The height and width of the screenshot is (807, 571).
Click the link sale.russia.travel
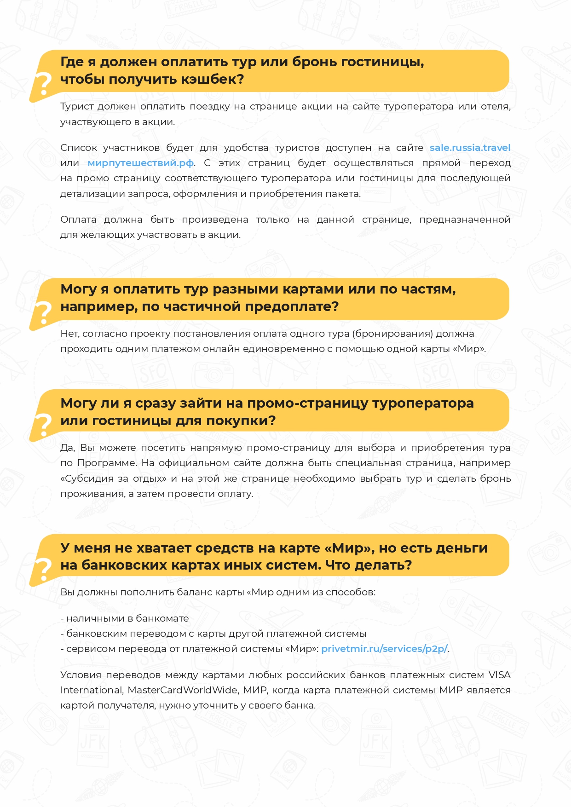pyautogui.click(x=470, y=148)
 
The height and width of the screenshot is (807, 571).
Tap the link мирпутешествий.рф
pyautogui.click(x=140, y=163)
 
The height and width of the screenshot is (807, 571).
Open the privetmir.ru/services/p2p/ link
pyautogui.click(x=384, y=649)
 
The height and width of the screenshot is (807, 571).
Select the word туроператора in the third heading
pyautogui.click(x=423, y=403)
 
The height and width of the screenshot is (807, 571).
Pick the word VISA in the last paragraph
pyautogui.click(x=499, y=675)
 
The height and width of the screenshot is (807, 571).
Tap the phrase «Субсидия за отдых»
pyautogui.click(x=113, y=478)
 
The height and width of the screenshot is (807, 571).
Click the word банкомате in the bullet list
pyautogui.click(x=162, y=618)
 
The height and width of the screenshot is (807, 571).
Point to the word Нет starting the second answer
pyautogui.click(x=69, y=334)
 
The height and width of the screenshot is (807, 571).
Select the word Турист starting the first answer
pyautogui.click(x=75, y=107)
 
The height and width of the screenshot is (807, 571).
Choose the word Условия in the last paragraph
pyautogui.click(x=79, y=675)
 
